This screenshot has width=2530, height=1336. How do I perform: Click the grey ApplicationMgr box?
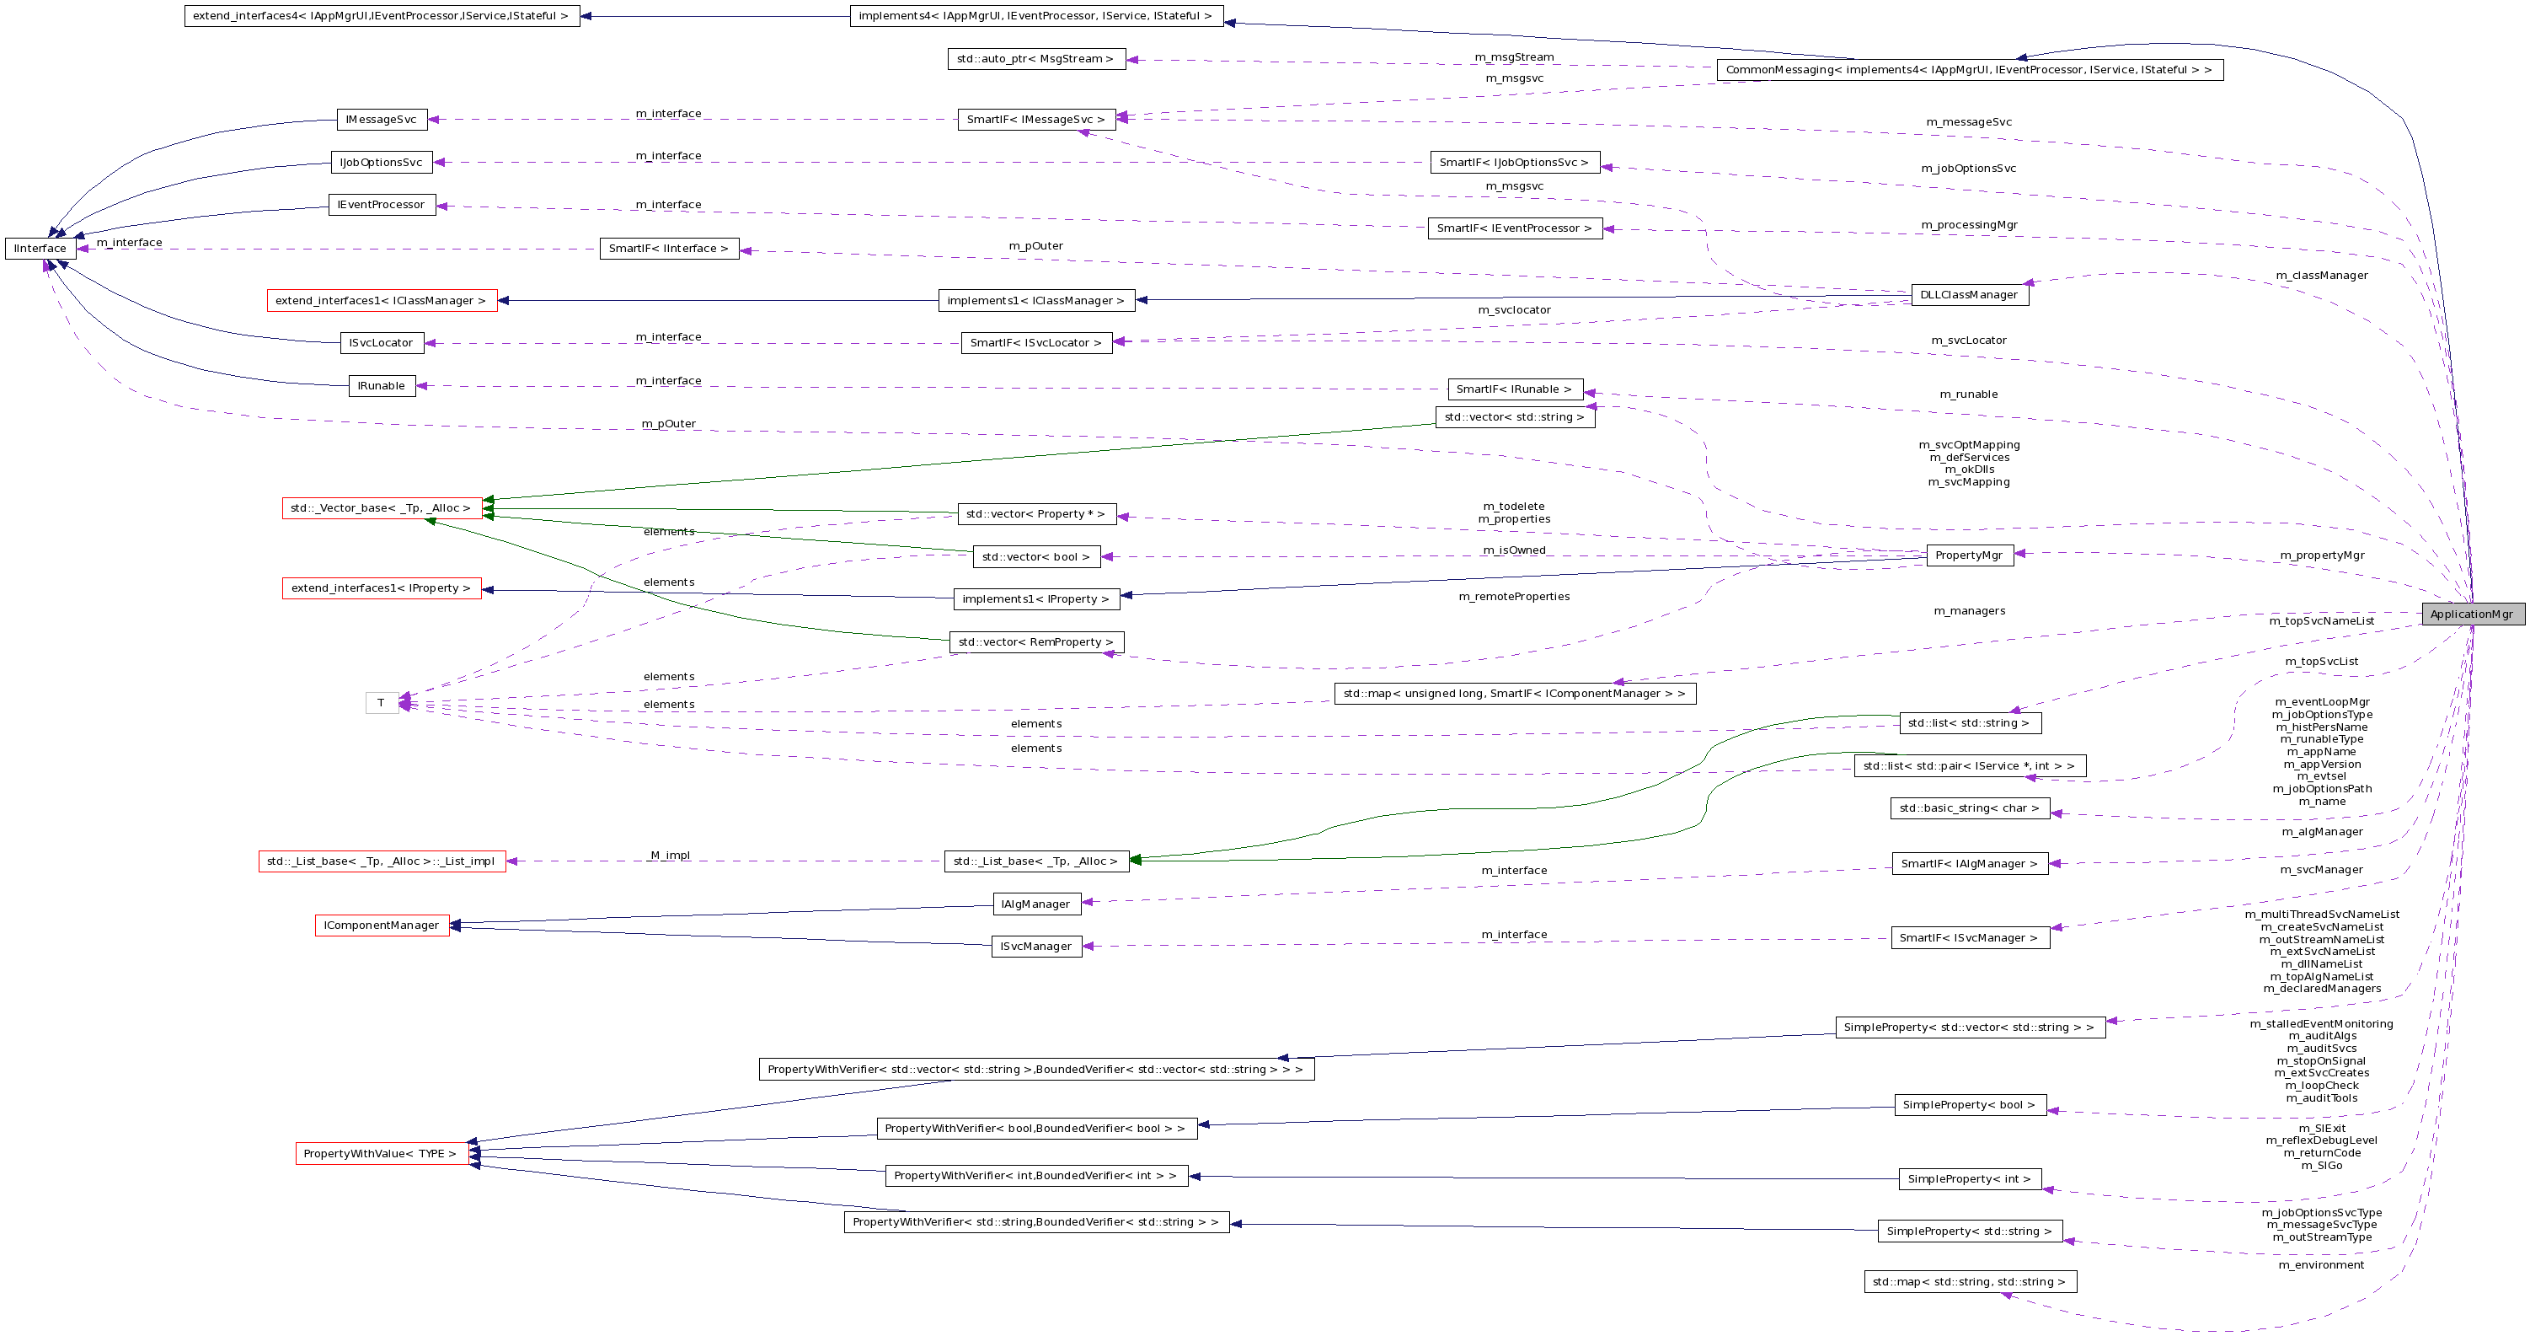2471,614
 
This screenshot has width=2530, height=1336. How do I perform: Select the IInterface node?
40,249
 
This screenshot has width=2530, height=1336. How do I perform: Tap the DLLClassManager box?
1968,295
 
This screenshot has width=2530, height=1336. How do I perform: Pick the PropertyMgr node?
1968,555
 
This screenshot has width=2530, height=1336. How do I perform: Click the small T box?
381,702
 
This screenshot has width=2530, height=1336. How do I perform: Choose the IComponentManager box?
381,926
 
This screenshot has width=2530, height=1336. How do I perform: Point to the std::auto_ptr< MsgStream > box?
1035,59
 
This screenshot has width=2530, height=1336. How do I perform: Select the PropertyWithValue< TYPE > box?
380,1153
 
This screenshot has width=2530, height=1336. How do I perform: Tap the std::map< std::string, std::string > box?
1968,1282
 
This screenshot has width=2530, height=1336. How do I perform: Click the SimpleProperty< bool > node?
1968,1105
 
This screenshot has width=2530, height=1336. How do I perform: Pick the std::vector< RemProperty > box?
1035,642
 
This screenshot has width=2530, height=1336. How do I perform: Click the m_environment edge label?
2321,1265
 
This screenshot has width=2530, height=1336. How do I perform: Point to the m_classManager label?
2321,276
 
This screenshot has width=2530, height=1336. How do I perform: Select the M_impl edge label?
670,856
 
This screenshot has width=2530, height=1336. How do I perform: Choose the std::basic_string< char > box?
1968,808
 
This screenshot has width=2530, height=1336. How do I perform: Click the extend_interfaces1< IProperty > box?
381,588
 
